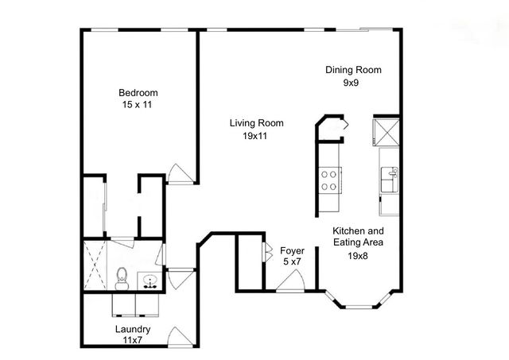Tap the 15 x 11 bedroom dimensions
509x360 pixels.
(x=136, y=103)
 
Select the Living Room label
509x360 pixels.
(x=256, y=123)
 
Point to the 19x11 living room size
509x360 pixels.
(x=256, y=136)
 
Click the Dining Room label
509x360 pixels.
(x=353, y=70)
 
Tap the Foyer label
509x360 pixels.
(x=293, y=250)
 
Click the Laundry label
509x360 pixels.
(x=133, y=329)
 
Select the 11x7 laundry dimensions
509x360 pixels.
(x=133, y=340)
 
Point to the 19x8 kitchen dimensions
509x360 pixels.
(x=358, y=256)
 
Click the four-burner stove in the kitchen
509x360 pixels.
(x=329, y=181)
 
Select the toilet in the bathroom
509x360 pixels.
(x=122, y=277)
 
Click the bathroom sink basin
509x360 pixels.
(x=150, y=281)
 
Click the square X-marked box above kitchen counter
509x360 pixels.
(x=387, y=132)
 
